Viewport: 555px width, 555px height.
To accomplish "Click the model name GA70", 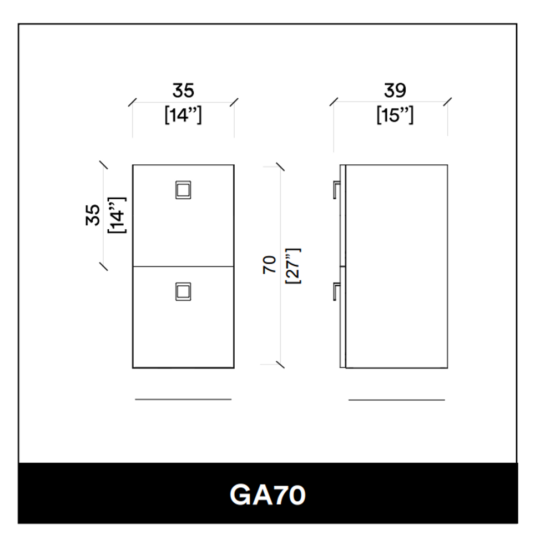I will [x=268, y=495].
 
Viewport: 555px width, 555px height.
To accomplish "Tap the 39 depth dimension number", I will [x=395, y=90].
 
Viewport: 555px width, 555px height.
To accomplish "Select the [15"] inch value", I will [x=395, y=115].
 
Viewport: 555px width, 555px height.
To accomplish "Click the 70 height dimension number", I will [x=270, y=265].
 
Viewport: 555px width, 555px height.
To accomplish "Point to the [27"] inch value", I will [x=292, y=266].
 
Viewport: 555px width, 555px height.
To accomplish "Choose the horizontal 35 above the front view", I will [x=183, y=90].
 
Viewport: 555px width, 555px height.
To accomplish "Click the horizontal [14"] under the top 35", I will [x=183, y=115].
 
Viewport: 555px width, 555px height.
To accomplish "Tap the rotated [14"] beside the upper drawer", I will [x=118, y=215].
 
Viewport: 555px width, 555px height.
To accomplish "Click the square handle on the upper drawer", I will [x=183, y=190].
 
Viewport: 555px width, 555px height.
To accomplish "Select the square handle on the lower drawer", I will [x=183, y=291].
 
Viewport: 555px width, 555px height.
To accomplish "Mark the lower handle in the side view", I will [x=336, y=291].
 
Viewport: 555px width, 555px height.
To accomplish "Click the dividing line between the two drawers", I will [x=183, y=266].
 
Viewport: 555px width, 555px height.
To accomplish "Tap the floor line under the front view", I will [x=183, y=399].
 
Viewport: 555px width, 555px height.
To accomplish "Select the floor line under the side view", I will [x=396, y=400].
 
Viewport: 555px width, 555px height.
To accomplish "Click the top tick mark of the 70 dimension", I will [x=280, y=167].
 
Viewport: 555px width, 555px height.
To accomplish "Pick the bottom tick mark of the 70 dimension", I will [x=280, y=365].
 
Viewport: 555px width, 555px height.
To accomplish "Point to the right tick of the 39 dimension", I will [x=447, y=102].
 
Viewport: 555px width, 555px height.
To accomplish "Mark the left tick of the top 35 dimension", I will [x=133, y=102].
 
